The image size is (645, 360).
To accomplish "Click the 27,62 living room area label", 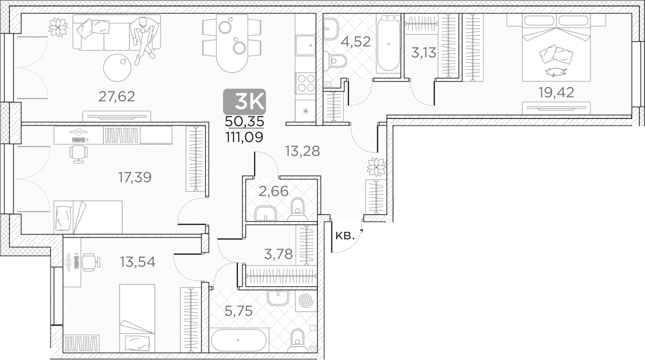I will point(116,96).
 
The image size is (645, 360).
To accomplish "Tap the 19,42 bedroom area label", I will point(556,91).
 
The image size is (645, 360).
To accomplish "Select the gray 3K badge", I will point(245,102).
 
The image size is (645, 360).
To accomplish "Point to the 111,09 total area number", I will point(245,137).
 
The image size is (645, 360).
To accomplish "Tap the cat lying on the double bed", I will point(555,72).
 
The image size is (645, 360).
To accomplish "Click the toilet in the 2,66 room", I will point(297,208).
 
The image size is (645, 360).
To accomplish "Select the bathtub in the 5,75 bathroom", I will point(239,340).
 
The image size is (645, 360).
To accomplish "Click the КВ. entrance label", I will point(344,236).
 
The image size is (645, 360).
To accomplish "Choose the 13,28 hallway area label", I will point(302,151).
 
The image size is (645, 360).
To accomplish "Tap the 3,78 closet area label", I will point(278,254).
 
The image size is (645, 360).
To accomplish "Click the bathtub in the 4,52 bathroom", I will point(387,45).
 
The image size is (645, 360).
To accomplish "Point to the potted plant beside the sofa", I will point(58,27).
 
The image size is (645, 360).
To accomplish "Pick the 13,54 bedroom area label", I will point(138,261).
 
